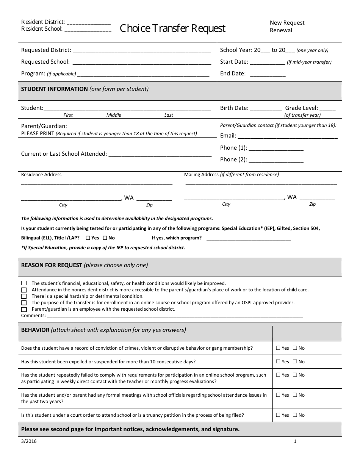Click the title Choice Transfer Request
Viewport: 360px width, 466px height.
tap(172, 28)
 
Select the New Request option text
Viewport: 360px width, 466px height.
tap(287, 23)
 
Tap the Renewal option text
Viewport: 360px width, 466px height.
tap(281, 30)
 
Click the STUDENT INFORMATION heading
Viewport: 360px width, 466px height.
tap(54, 89)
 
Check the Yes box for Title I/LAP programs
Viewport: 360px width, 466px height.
tap(88, 238)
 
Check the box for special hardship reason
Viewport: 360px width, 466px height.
tap(24, 296)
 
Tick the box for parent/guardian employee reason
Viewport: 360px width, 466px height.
tap(24, 309)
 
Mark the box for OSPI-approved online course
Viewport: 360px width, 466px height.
tap(24, 303)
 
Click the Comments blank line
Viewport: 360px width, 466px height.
tap(174, 316)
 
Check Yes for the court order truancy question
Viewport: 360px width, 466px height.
tap(278, 415)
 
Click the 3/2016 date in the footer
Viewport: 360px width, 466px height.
tap(27, 441)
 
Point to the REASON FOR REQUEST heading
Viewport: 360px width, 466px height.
tap(52, 265)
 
